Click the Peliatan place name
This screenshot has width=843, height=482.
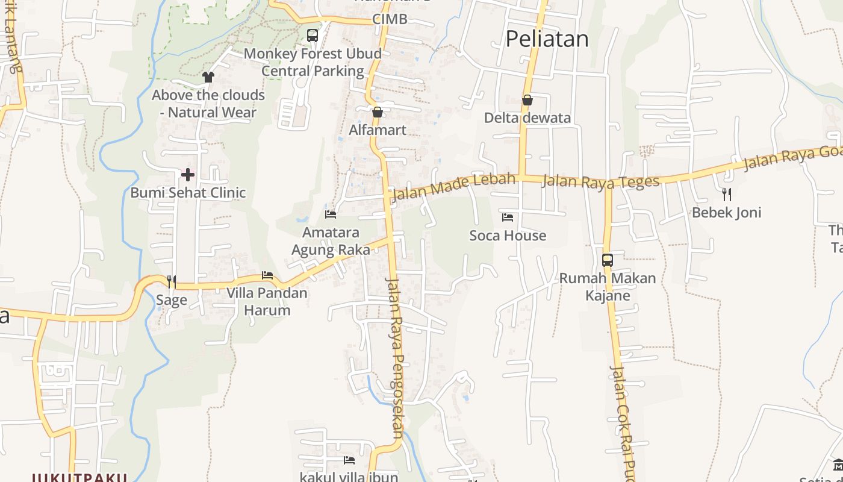pyautogui.click(x=547, y=39)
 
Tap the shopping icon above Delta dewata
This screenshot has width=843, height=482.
pyautogui.click(x=527, y=100)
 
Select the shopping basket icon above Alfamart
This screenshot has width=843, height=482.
pyautogui.click(x=378, y=112)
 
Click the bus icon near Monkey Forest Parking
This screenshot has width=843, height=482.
pyautogui.click(x=312, y=36)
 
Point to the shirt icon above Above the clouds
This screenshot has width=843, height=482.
pyautogui.click(x=208, y=77)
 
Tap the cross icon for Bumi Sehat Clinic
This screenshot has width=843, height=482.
pyautogui.click(x=188, y=175)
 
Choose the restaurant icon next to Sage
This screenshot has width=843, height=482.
pyautogui.click(x=172, y=281)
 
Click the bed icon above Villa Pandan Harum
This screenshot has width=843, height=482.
pyautogui.click(x=267, y=275)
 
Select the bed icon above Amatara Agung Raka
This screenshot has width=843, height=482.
pyautogui.click(x=331, y=214)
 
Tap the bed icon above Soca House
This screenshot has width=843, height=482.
pyautogui.click(x=508, y=217)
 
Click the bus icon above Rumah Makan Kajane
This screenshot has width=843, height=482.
pyautogui.click(x=607, y=260)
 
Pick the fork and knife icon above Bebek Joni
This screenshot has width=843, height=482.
pyautogui.click(x=727, y=194)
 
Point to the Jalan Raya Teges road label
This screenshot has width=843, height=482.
pyautogui.click(x=600, y=181)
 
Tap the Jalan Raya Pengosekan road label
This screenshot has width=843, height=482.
pyautogui.click(x=395, y=355)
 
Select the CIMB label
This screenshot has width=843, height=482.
pyautogui.click(x=390, y=19)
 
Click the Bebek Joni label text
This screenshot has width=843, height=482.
pyautogui.click(x=726, y=213)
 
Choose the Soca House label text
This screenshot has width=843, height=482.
pyautogui.click(x=508, y=236)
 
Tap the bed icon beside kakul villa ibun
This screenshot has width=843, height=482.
pyautogui.click(x=349, y=460)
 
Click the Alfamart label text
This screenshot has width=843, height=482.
pyautogui.click(x=378, y=130)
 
